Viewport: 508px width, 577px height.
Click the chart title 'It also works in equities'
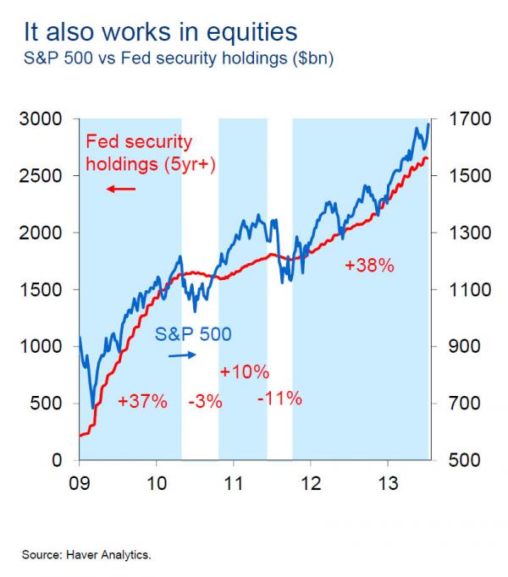[161, 33]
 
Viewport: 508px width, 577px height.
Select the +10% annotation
[245, 371]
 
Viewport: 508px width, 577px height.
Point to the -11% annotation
[279, 398]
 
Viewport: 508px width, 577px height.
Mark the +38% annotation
[370, 266]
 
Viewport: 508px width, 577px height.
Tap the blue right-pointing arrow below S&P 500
[181, 355]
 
